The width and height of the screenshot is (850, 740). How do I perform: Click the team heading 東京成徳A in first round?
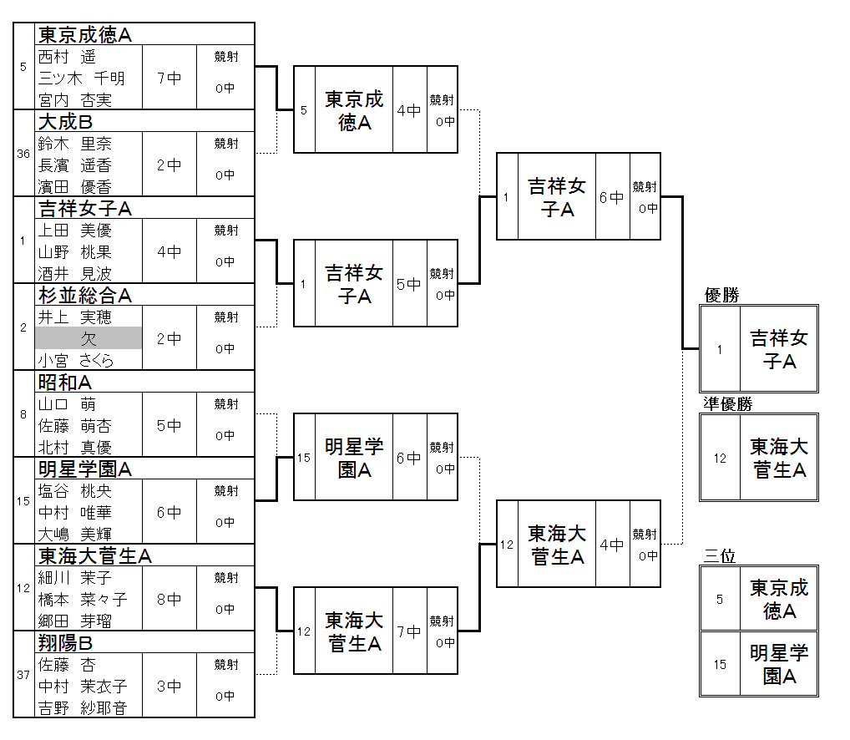pyautogui.click(x=86, y=34)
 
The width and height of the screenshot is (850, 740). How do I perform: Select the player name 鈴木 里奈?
pyautogui.click(x=75, y=144)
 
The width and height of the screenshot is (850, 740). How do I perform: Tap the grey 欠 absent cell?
pyautogui.click(x=89, y=338)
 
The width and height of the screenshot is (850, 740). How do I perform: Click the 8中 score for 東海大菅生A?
pyautogui.click(x=169, y=599)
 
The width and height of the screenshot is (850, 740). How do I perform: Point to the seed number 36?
pyautogui.click(x=23, y=153)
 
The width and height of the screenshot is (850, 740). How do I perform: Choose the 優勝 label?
pyautogui.click(x=722, y=295)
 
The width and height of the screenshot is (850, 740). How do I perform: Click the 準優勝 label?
pyautogui.click(x=728, y=403)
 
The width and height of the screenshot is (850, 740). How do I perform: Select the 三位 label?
pyautogui.click(x=720, y=555)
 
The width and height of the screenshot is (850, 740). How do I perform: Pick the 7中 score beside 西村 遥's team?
pyautogui.click(x=169, y=78)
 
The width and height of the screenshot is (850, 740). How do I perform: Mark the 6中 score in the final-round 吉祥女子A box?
pyautogui.click(x=612, y=197)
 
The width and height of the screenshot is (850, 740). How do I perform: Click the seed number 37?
pyautogui.click(x=23, y=675)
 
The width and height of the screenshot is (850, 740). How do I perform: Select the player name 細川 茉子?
pyautogui.click(x=75, y=577)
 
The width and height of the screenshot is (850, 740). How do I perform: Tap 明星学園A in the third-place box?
pyautogui.click(x=778, y=664)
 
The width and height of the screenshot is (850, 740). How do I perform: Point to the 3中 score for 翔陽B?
pyautogui.click(x=169, y=686)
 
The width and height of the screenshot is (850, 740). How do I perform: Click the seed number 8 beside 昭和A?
pyautogui.click(x=23, y=413)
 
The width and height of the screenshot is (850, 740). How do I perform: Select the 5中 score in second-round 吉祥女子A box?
pyautogui.click(x=409, y=284)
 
